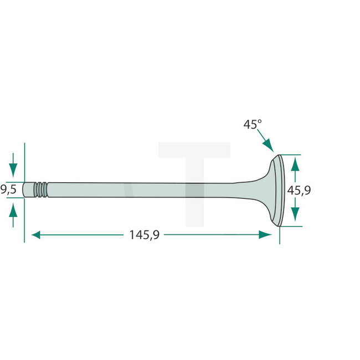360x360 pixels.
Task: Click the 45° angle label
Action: coord(252,125)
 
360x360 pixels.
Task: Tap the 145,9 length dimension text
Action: coord(144,235)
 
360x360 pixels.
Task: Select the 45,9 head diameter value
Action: coord(299,190)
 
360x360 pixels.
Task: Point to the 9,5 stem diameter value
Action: coord(8,189)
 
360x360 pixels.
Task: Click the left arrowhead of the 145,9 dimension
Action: coord(37,235)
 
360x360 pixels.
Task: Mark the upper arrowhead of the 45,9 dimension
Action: coord(295,163)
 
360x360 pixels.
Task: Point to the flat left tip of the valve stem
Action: coord(26,189)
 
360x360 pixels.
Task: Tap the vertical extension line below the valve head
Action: coord(280,235)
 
